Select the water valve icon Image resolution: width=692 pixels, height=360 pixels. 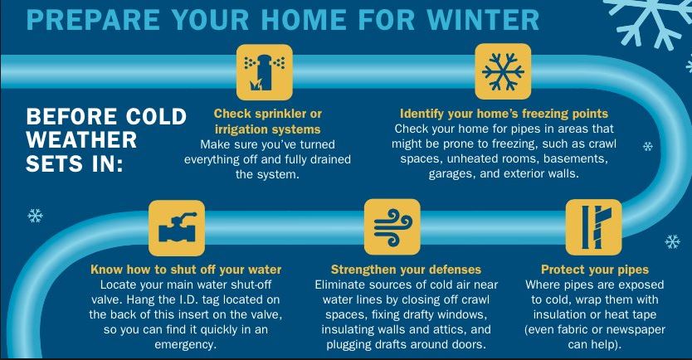[176, 226]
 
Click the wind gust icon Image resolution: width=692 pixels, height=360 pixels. [392, 226]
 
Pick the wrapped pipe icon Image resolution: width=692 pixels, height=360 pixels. [593, 226]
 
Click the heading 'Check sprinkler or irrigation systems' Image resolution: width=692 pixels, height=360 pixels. [267, 121]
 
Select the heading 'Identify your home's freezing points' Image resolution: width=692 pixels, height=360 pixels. [504, 113]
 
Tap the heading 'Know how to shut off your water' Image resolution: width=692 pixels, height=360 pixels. [185, 269]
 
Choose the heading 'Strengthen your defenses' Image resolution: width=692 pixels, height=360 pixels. [406, 269]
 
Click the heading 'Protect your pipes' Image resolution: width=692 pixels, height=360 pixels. [594, 269]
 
